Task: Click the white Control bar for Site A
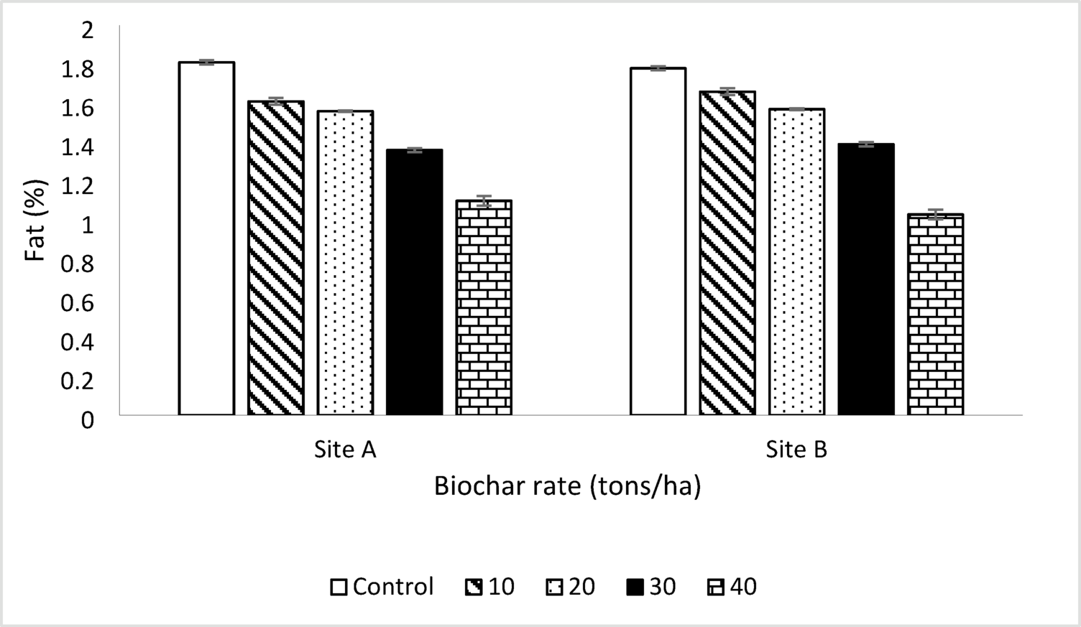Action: (206, 238)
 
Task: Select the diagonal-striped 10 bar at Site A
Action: (276, 258)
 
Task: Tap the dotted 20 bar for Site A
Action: (346, 263)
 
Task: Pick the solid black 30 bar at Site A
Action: (415, 282)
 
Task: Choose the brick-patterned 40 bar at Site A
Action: (484, 307)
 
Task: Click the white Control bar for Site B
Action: (658, 241)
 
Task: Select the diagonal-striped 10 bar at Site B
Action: (727, 253)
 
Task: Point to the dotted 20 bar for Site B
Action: (797, 262)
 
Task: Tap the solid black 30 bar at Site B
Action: (866, 279)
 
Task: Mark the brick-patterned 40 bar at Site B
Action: (935, 315)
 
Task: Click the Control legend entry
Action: (382, 587)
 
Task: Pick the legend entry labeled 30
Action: (651, 587)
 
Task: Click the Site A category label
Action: (345, 450)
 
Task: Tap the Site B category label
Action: (796, 450)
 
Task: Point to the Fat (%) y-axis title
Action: (36, 220)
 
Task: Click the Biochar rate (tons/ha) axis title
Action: (567, 486)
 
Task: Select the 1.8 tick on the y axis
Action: (78, 69)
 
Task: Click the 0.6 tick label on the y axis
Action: (78, 303)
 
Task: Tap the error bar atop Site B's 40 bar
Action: (935, 214)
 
